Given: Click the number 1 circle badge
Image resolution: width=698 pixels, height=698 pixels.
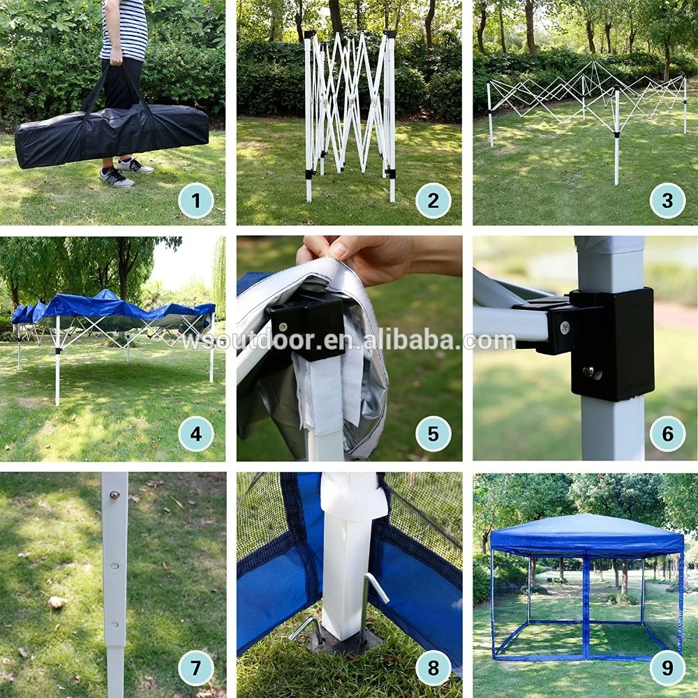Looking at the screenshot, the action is point(196,200).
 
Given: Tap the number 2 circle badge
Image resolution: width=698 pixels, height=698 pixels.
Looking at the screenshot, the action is point(433,200).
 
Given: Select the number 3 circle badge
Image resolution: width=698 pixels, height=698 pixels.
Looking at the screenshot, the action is point(667,200).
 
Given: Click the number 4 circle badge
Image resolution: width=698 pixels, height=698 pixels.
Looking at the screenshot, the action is point(196,434).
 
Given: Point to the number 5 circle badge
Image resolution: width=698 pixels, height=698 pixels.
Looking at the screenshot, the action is point(433,434).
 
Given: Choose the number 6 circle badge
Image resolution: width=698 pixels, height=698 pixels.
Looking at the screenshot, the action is point(667,434).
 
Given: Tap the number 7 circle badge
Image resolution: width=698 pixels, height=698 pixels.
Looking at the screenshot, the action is point(196,668).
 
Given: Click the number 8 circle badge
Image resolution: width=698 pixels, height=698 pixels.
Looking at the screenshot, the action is point(433,668).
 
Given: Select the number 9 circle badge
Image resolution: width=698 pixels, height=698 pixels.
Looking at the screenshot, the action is point(667,668).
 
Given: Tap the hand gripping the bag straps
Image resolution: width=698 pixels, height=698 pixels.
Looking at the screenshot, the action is point(117,57).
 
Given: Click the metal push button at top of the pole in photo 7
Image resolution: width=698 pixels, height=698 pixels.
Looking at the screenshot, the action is point(115,494).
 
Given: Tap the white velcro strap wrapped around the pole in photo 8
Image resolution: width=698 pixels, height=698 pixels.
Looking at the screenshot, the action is point(353,502).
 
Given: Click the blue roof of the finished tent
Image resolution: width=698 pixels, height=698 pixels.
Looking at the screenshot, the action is point(587,534).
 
